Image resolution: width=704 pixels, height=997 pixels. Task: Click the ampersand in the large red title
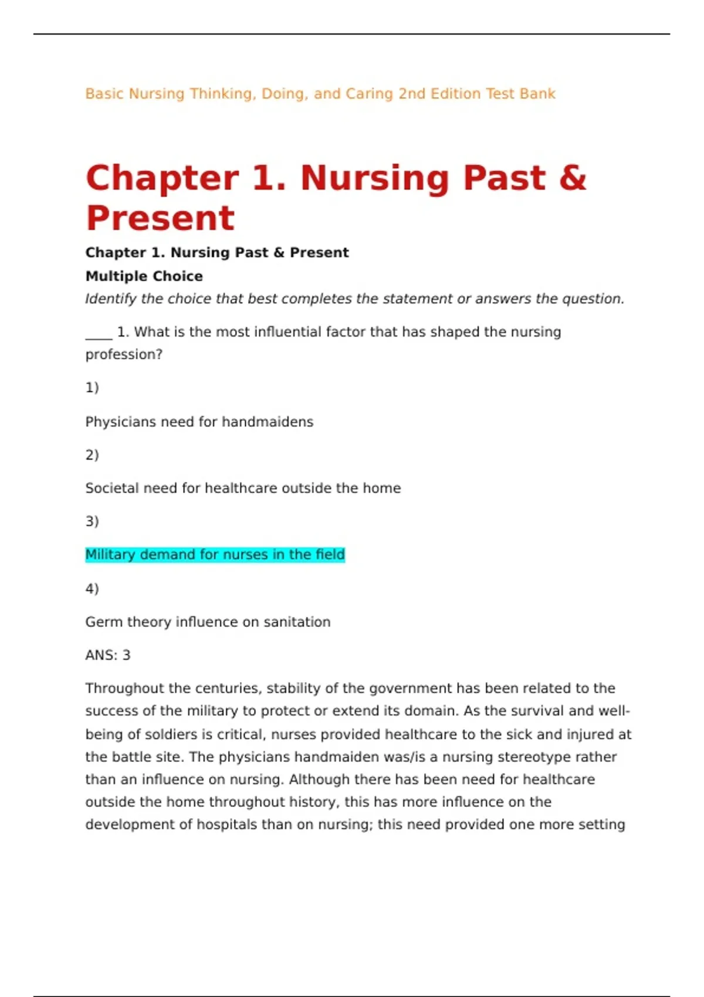point(572,178)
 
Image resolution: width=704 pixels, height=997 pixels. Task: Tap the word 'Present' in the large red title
point(160,218)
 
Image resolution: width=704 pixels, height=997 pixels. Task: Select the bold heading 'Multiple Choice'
point(144,276)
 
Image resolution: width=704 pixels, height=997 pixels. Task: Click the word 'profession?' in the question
point(124,354)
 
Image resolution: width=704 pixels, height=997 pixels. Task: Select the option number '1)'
point(92,388)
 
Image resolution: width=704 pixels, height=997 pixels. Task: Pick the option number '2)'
point(92,455)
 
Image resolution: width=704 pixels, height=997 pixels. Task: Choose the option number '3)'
point(92,521)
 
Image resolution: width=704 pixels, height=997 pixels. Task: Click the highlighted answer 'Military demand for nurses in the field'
point(215,555)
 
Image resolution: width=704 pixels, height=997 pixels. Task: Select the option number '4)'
point(92,588)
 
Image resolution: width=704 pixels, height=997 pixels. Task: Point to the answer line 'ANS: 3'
point(108,655)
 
